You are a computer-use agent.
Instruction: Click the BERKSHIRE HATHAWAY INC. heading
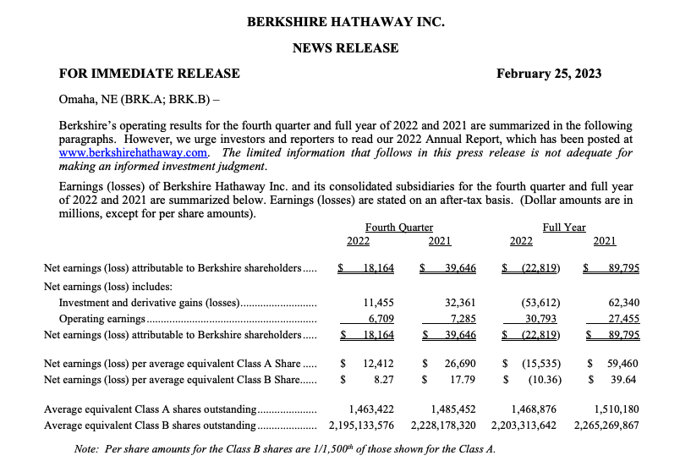tap(345, 23)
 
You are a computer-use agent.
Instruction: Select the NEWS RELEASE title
tap(345, 48)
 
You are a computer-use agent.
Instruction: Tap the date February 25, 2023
tap(549, 74)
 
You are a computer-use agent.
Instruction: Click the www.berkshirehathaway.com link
tap(134, 153)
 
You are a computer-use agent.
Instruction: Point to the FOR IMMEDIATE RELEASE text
tap(149, 74)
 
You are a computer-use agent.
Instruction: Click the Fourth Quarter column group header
tap(399, 227)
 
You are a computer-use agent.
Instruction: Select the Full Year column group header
tap(563, 227)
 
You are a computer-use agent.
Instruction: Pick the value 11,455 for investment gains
tap(380, 302)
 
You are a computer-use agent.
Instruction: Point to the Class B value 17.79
tap(462, 379)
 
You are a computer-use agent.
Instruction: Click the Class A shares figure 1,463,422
tap(370, 409)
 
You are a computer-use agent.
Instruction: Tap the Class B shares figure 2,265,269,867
tap(606, 425)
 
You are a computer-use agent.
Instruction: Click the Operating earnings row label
tap(102, 319)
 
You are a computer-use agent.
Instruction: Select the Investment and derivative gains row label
tap(149, 302)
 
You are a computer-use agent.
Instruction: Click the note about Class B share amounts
tap(284, 447)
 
